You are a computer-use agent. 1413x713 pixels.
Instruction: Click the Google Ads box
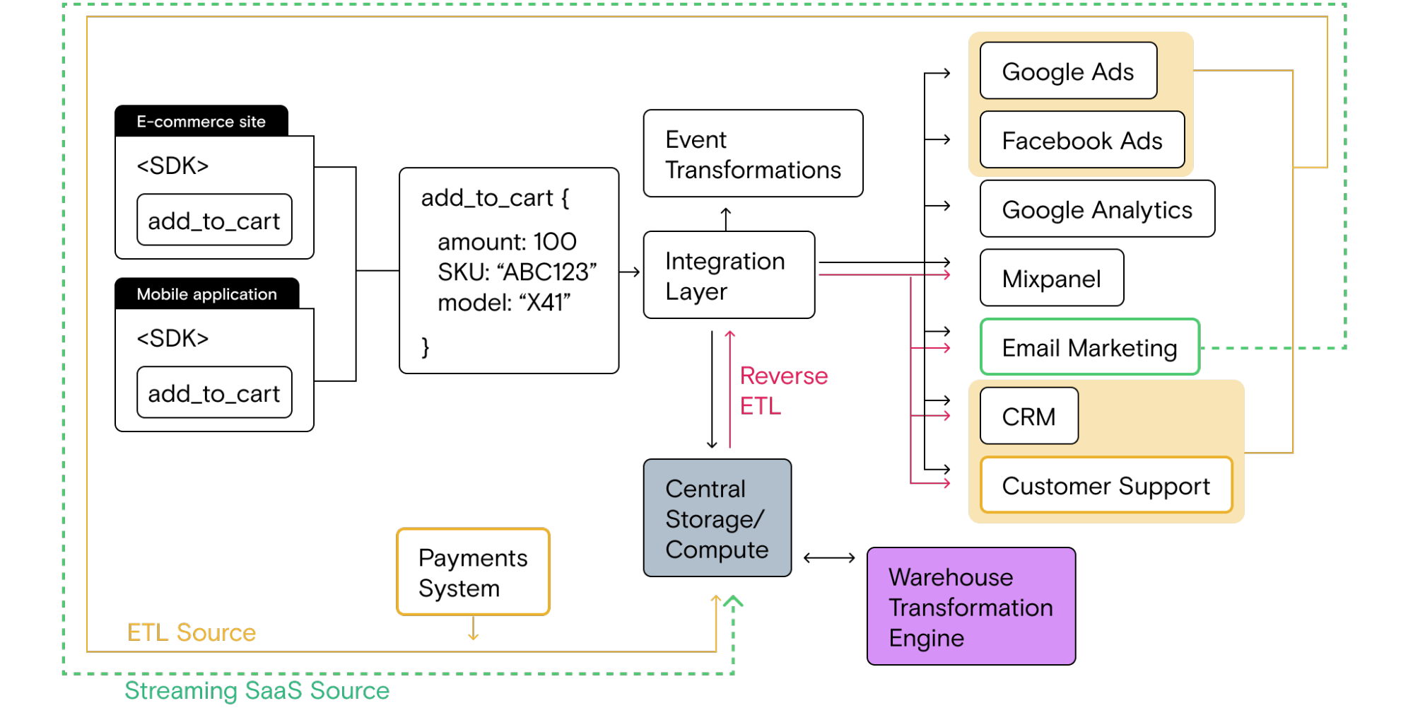click(1068, 71)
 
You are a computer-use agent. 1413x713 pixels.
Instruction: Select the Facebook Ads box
click(1081, 140)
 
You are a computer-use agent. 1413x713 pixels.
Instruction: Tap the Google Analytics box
click(1096, 209)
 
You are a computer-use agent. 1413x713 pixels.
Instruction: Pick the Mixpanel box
click(1051, 278)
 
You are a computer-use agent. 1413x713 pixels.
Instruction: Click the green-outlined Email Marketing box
click(1089, 347)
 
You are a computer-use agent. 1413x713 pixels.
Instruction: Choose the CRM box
click(1028, 416)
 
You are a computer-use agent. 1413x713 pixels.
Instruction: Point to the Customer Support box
click(1106, 485)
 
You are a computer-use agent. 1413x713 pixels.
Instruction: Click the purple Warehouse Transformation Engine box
click(971, 606)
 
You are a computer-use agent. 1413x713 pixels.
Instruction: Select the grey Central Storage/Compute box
click(717, 518)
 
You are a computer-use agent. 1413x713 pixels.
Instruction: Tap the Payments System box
click(473, 572)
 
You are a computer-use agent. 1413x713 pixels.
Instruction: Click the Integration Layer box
click(728, 275)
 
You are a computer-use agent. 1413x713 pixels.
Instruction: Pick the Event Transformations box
click(752, 153)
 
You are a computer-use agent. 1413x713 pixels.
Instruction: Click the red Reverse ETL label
click(782, 390)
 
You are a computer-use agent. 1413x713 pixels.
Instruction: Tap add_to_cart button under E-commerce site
click(214, 220)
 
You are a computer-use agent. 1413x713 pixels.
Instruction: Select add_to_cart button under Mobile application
click(214, 393)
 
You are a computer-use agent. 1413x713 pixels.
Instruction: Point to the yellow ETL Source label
click(192, 632)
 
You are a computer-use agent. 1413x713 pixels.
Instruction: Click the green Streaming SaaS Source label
click(257, 690)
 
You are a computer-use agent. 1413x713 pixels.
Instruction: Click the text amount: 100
click(507, 242)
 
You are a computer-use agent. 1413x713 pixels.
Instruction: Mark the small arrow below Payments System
click(474, 629)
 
